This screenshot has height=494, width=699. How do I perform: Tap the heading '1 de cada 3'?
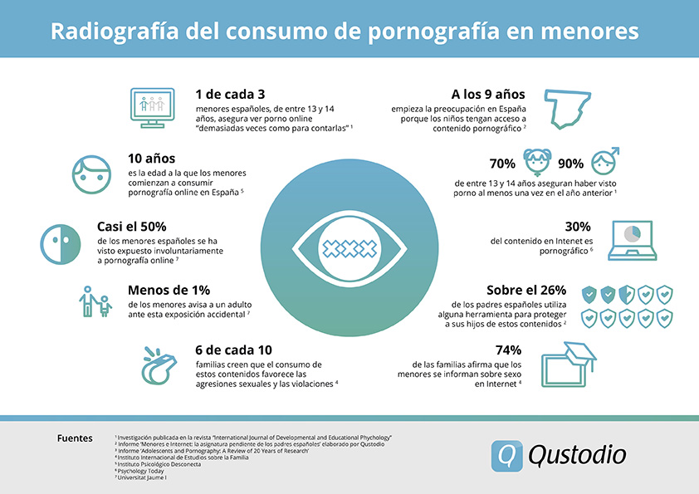pos(230,93)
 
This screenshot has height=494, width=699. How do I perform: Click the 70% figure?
pos(502,164)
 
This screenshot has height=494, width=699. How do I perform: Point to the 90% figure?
pos(570,164)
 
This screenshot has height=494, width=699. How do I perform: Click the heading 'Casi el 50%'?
pos(164,225)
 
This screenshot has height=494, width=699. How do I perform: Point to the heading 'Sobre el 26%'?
pos(526,291)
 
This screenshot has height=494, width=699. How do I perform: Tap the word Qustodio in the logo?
pos(576,453)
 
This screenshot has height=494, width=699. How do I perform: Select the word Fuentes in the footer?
pos(75,438)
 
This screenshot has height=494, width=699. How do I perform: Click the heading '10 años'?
pos(151,159)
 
